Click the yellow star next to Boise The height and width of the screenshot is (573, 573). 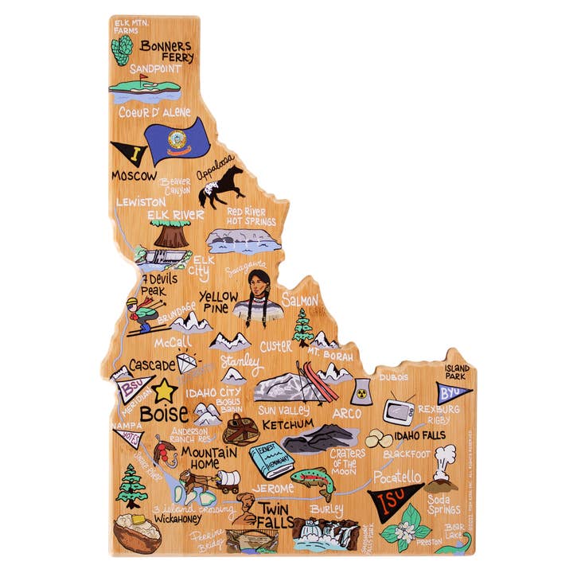pos(164,391)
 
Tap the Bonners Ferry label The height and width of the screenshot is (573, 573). pos(166,51)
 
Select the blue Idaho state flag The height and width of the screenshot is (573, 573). pos(177,139)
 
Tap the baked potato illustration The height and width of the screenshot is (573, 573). pos(137,531)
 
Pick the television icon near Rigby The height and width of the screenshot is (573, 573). pos(399,411)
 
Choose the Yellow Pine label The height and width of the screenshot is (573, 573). pos(218,302)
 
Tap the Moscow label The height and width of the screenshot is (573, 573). pos(134,175)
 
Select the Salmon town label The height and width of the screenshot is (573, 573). pos(299,300)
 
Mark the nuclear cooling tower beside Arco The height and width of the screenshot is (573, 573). pos(361,392)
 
